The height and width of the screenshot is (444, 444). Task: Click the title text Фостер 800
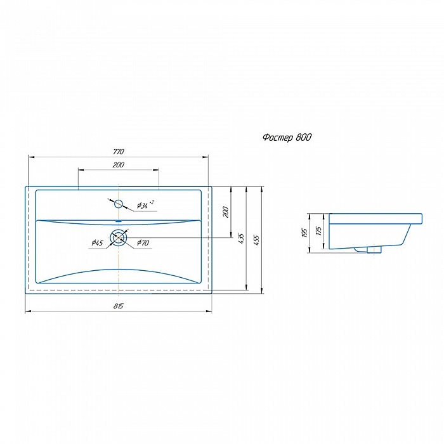click(287, 138)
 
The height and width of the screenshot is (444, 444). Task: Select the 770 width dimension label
click(119, 152)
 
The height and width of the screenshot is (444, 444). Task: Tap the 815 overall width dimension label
click(119, 306)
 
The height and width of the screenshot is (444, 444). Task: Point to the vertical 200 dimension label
click(226, 212)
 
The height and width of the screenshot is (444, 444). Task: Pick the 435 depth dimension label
click(241, 238)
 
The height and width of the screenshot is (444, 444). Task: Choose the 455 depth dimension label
click(256, 240)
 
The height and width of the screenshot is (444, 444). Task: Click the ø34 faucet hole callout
click(145, 204)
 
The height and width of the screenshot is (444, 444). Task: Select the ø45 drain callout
click(98, 243)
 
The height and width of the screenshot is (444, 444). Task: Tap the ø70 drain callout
click(143, 243)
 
